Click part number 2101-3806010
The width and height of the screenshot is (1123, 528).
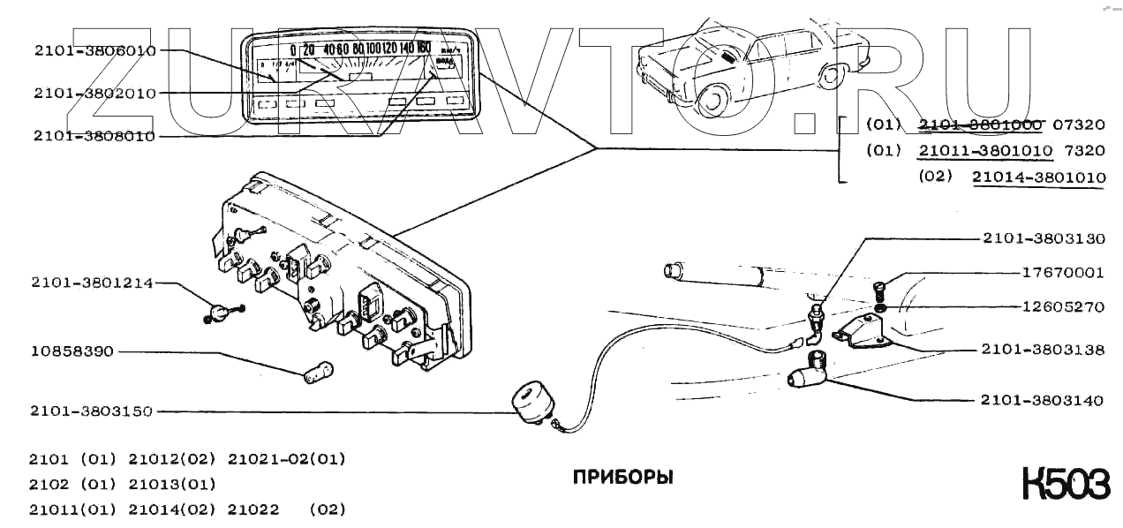(94, 50)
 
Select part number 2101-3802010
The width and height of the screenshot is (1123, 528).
(94, 93)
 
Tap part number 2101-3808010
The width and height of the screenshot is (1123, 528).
(94, 136)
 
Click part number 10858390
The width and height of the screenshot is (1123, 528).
(72, 351)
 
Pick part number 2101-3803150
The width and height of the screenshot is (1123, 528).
(92, 411)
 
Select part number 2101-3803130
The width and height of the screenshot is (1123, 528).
(1042, 238)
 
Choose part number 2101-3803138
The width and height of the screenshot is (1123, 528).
(1042, 350)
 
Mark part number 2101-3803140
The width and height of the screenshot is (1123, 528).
(1042, 400)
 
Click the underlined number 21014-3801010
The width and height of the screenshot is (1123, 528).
(1038, 177)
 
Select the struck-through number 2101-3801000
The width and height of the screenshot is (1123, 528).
(980, 124)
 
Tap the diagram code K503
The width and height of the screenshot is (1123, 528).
(1065, 486)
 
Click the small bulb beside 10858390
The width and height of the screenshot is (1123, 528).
(319, 372)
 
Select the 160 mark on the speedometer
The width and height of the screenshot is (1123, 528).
(423, 49)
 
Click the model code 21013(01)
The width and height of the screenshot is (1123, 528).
(172, 485)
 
